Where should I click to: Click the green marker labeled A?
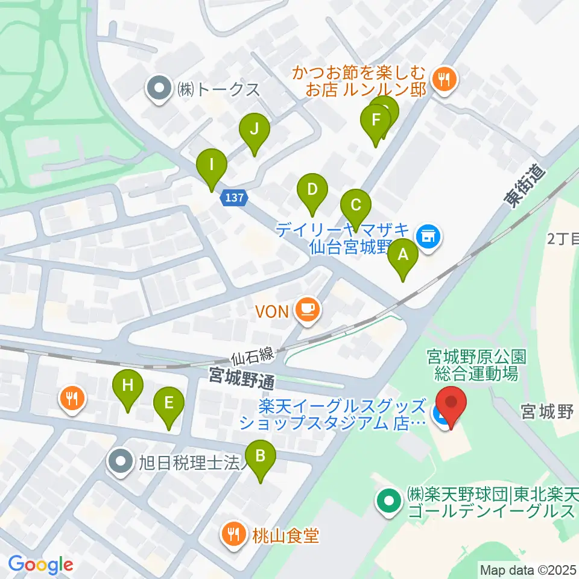[x=403, y=256]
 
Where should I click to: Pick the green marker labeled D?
[x=312, y=191]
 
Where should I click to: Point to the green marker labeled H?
[x=128, y=386]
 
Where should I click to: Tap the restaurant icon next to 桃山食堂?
[x=232, y=533]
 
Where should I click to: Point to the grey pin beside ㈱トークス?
[x=159, y=89]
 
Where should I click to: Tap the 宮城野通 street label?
[x=242, y=379]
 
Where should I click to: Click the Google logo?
[x=40, y=565]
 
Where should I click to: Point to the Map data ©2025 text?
[x=528, y=569]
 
